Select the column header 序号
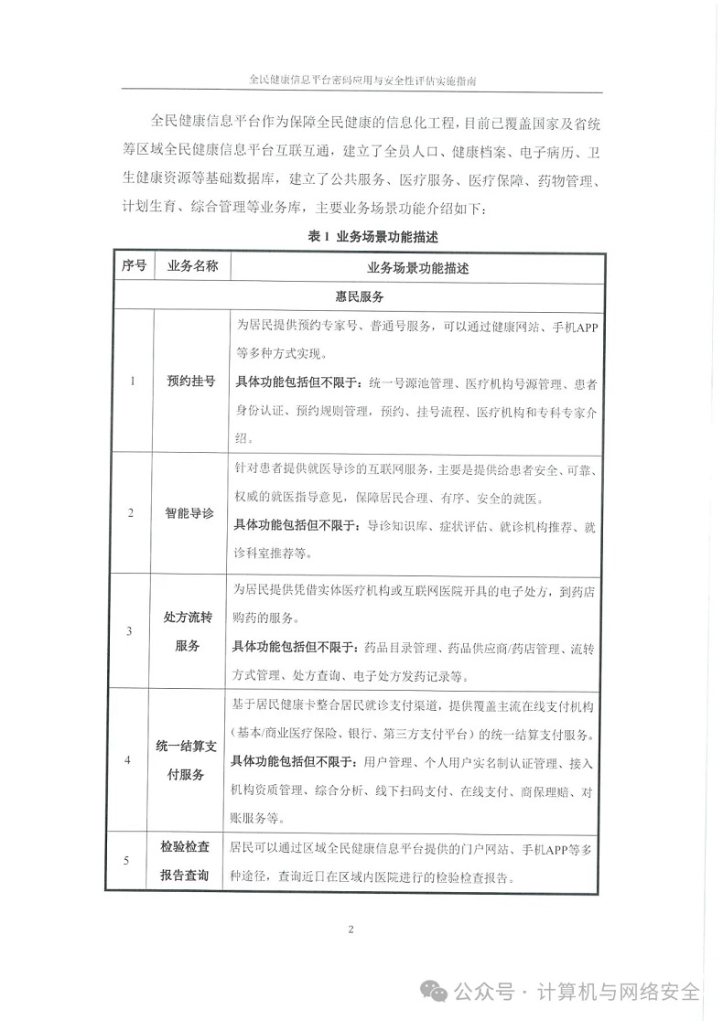[134, 267]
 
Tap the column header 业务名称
[191, 267]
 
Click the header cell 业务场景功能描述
[416, 268]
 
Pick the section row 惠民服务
[359, 297]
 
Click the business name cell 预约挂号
[191, 381]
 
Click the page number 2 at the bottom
[351, 930]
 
